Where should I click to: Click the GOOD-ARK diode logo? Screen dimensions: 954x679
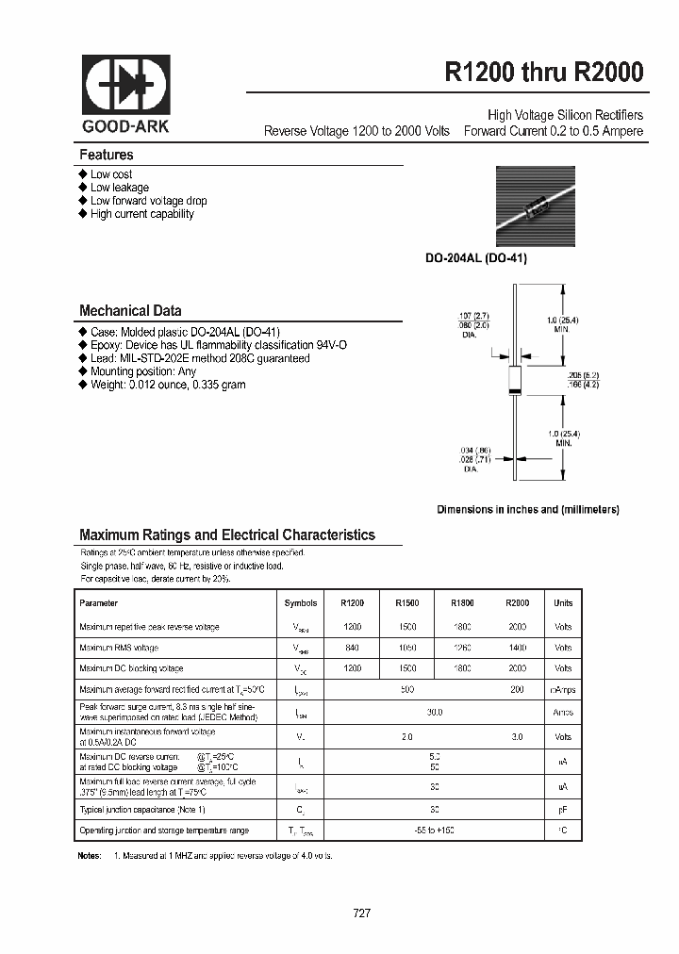(125, 86)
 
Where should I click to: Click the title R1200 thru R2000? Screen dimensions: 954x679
(544, 74)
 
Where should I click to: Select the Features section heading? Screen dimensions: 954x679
(107, 155)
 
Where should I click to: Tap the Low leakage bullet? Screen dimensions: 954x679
(119, 188)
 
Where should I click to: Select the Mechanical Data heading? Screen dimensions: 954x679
(130, 310)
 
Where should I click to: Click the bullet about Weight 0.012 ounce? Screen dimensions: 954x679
(168, 385)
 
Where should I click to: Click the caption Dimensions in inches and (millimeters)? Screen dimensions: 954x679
(527, 509)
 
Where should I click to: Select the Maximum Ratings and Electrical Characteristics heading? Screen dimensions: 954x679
(226, 535)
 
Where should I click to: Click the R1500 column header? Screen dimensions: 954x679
(406, 603)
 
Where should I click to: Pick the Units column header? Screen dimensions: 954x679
(563, 603)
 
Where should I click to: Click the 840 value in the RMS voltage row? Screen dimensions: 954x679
(352, 648)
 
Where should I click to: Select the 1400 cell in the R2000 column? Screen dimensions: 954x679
(518, 648)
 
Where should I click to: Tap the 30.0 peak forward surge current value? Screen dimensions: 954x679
(434, 713)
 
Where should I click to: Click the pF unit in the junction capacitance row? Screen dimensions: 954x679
(563, 810)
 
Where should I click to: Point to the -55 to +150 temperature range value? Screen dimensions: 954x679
(434, 831)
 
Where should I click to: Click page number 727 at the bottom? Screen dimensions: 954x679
(362, 913)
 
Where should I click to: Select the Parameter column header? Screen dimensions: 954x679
(99, 603)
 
